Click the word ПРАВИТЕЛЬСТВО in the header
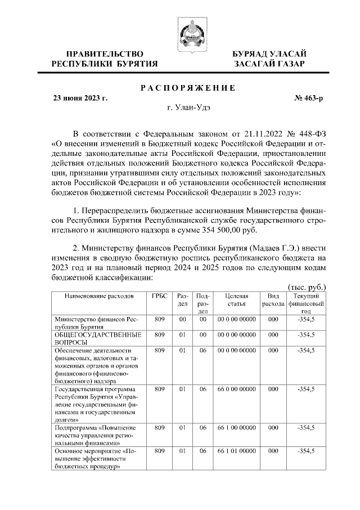(101, 53)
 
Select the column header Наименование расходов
(99, 296)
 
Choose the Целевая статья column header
(236, 299)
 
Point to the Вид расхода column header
(273, 299)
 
